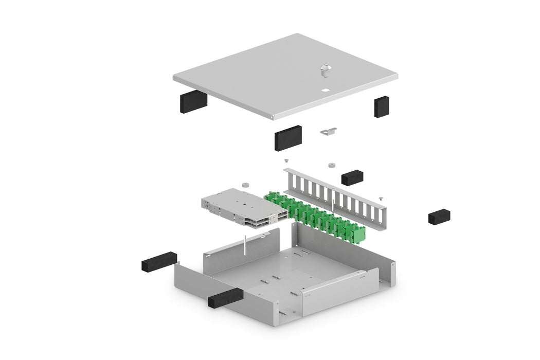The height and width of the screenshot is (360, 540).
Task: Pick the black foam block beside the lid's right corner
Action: [x=381, y=106]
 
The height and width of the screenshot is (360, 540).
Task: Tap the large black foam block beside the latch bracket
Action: [x=288, y=139]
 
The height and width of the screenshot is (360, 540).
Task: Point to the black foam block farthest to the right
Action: [x=439, y=217]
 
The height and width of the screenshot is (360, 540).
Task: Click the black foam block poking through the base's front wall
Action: [x=225, y=298]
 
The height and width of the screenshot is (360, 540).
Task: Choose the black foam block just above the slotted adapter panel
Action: [x=352, y=177]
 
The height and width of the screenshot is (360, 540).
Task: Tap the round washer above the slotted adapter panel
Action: [x=331, y=166]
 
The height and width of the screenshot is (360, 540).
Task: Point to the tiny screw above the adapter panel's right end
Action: [x=381, y=198]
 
